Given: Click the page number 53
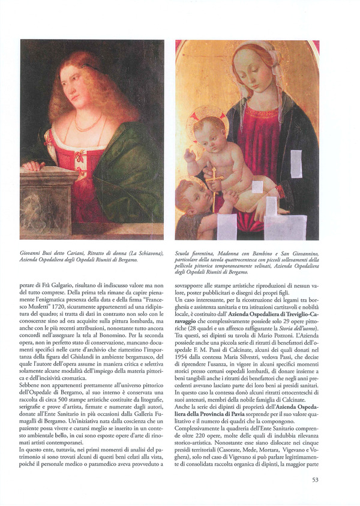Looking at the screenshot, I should coord(315,480).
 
